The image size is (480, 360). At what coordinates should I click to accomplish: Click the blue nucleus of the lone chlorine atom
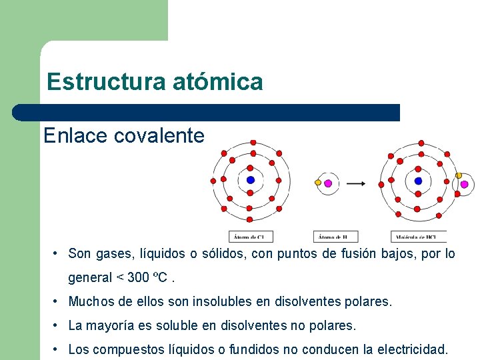251,180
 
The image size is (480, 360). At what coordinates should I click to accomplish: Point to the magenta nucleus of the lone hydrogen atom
327,183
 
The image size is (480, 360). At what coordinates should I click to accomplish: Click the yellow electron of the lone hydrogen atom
318,182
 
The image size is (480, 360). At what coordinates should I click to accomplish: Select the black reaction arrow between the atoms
357,183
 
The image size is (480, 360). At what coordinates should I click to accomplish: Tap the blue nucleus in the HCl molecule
418,181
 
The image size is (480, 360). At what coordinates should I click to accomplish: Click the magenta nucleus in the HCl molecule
464,184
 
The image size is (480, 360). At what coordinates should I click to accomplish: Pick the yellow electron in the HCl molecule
459,175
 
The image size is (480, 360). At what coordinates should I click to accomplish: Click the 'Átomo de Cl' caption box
251,237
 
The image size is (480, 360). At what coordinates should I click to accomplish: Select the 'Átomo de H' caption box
335,237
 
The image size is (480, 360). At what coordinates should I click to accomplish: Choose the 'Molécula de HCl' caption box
418,237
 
